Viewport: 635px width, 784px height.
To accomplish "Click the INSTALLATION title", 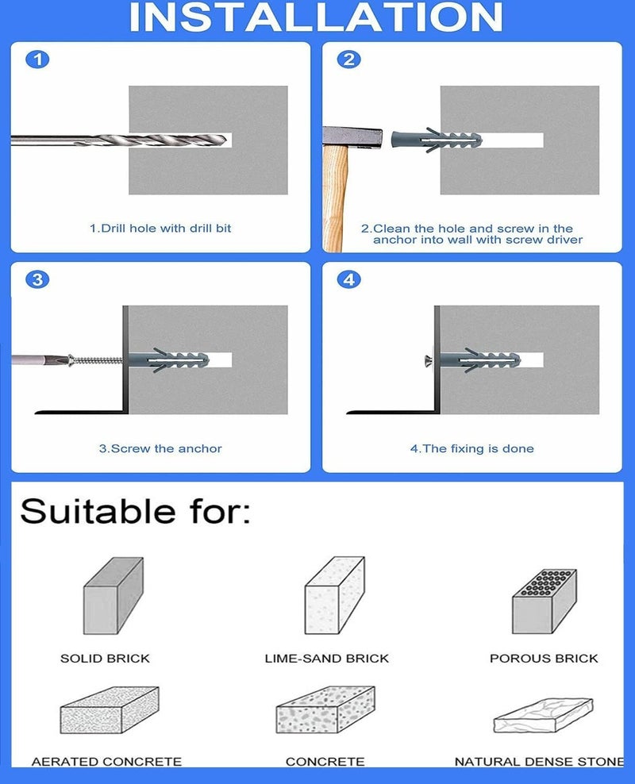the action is [316, 17].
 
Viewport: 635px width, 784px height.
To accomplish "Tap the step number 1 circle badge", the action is [37, 60].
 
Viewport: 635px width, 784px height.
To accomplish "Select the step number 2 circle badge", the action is [349, 60].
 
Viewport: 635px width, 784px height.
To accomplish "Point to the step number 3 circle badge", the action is [37, 279].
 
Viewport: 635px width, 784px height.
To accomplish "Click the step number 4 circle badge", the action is [349, 279].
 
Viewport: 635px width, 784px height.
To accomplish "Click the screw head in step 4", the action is [428, 360].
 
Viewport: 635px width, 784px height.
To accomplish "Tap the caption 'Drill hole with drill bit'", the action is [160, 229].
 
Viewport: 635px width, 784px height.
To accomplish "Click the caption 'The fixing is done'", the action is [472, 448].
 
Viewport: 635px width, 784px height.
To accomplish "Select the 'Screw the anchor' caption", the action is [160, 448].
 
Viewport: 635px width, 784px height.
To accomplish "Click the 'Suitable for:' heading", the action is [135, 512].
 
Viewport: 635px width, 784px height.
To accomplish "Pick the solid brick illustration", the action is [113, 596].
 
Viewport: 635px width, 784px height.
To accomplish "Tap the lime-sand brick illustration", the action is [335, 595].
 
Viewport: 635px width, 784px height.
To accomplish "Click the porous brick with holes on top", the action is [545, 601].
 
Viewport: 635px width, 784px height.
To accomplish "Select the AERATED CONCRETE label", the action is [106, 762].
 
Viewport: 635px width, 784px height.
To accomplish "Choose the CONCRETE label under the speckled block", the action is [325, 762].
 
